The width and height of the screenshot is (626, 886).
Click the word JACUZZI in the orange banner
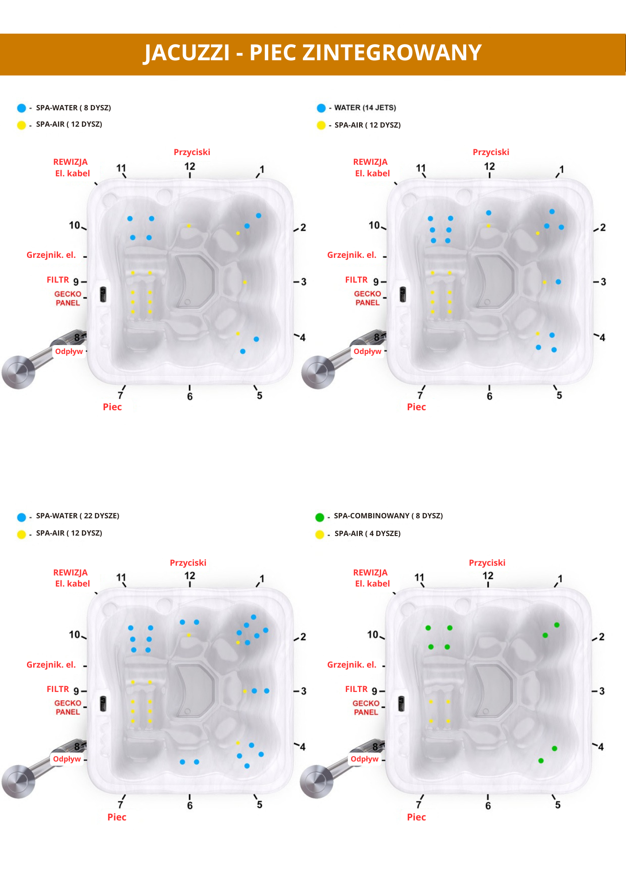click(187, 53)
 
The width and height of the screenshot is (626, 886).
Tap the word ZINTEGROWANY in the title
click(391, 53)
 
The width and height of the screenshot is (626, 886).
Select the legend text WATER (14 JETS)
click(365, 108)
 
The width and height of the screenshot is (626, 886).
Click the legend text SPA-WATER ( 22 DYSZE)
click(77, 516)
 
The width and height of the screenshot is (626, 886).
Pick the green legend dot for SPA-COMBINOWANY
click(320, 517)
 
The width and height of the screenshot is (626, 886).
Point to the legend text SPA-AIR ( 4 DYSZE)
click(367, 533)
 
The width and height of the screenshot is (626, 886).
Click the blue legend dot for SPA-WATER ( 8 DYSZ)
click(21, 108)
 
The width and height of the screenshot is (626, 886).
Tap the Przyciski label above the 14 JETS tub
click(491, 152)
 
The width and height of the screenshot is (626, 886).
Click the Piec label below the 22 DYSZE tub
click(117, 817)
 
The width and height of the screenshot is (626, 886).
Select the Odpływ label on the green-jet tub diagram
click(364, 759)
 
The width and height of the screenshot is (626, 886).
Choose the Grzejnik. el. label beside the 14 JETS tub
click(352, 255)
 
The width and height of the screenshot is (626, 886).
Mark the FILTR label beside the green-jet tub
click(356, 689)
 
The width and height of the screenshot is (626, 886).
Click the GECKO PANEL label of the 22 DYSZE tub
click(68, 707)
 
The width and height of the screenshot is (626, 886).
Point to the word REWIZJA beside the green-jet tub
click(370, 572)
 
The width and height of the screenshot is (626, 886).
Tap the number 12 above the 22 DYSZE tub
click(189, 575)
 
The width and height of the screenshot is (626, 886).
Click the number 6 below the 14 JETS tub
click(489, 396)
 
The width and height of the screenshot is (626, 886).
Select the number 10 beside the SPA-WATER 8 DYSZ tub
click(74, 225)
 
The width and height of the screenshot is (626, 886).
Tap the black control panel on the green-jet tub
click(402, 703)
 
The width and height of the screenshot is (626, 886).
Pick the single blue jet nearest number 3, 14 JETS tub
click(558, 282)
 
